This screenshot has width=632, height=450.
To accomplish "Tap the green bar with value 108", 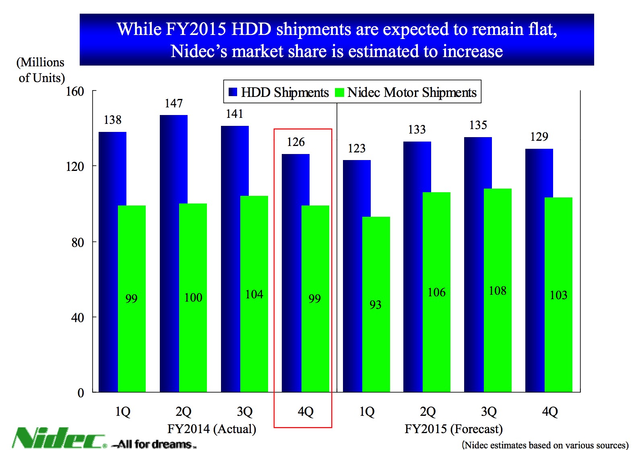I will (x=498, y=290).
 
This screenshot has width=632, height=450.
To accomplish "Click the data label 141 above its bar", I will (x=234, y=114).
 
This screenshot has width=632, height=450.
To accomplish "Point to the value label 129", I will (x=539, y=137).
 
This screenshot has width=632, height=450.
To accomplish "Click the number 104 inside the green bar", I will (x=254, y=294).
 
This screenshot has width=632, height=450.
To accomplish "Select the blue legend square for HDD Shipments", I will (x=233, y=92).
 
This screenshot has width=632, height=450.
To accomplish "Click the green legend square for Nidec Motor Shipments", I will (x=339, y=92).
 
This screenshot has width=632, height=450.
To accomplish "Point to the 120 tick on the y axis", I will (x=75, y=166).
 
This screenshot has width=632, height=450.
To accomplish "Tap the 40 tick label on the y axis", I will (x=78, y=318).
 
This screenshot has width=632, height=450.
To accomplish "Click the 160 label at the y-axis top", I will (x=75, y=91).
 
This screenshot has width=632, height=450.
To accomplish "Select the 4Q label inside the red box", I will (x=306, y=411).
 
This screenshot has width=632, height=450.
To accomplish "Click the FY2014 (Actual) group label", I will (x=212, y=429).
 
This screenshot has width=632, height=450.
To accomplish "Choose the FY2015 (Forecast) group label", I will (x=453, y=429).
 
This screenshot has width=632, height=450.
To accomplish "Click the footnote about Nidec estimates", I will (x=545, y=445).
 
